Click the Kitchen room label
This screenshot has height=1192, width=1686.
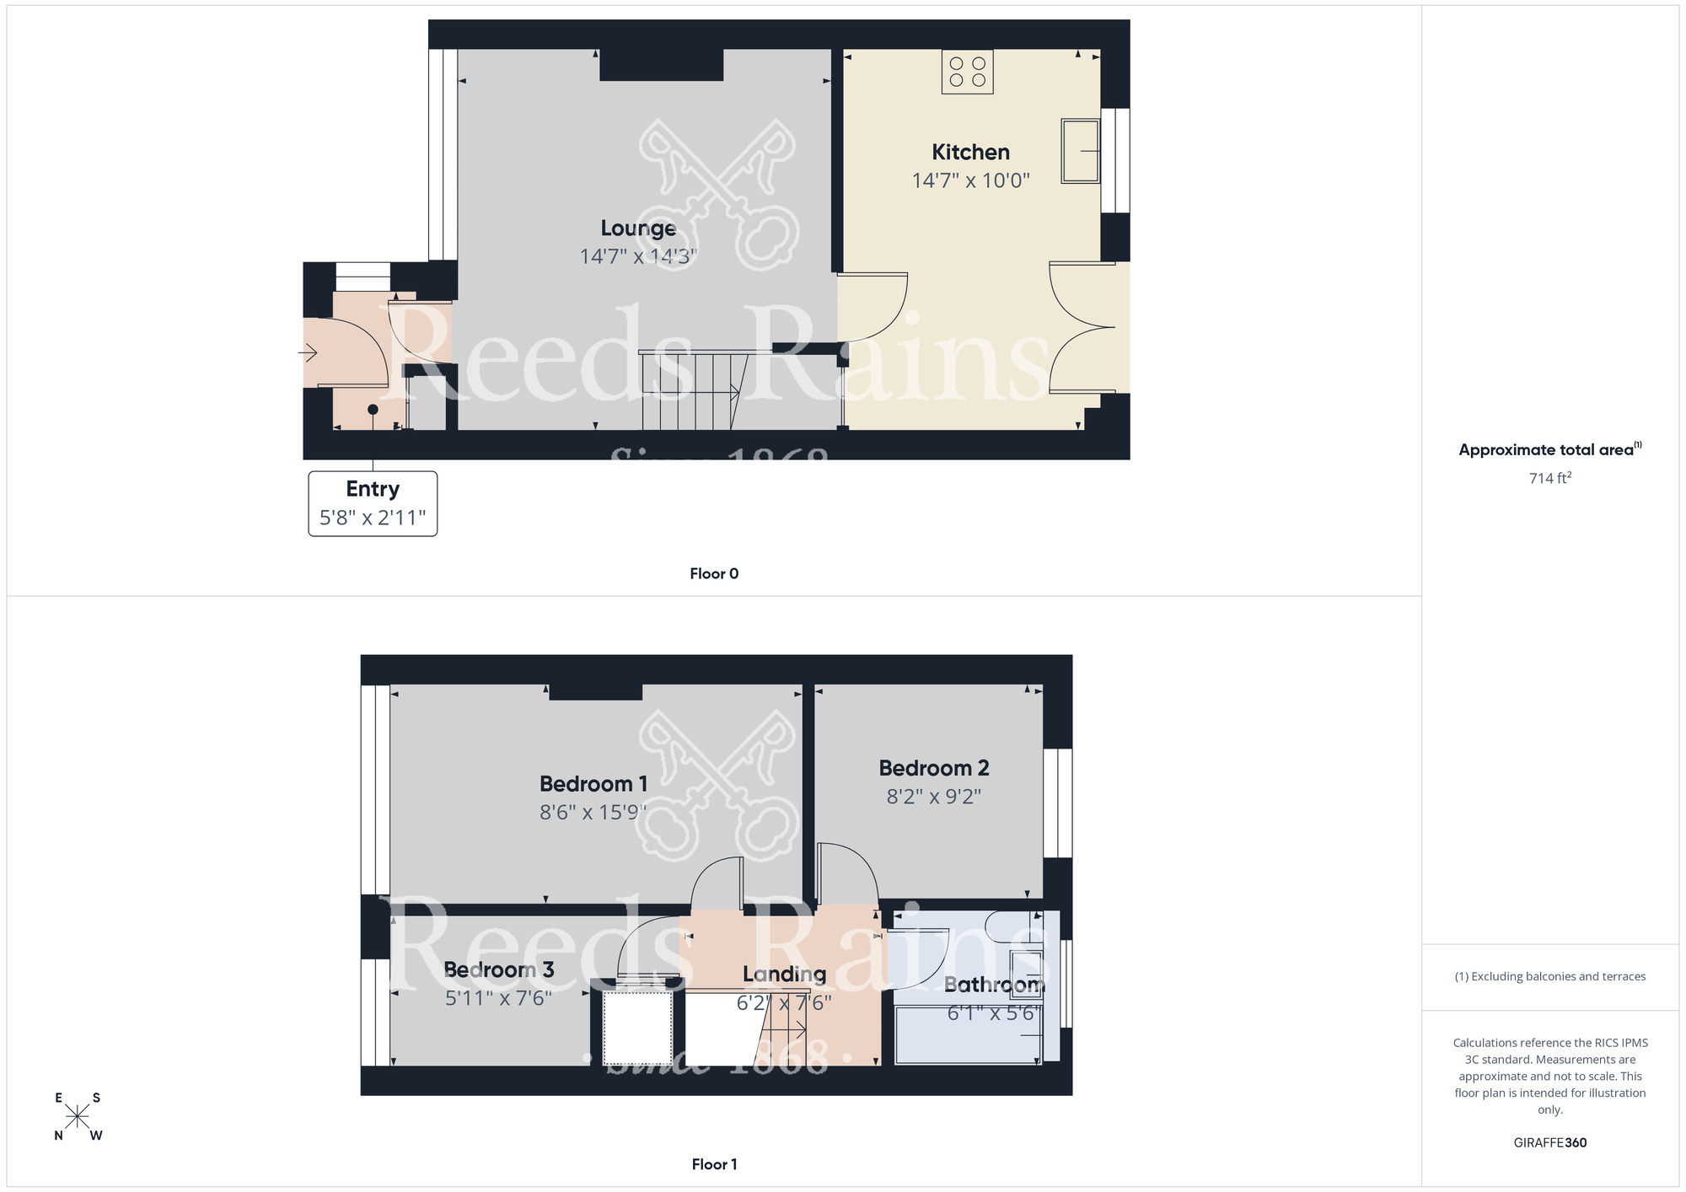click(x=970, y=153)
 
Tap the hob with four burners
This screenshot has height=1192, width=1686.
click(x=967, y=72)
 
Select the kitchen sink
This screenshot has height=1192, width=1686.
click(x=1081, y=151)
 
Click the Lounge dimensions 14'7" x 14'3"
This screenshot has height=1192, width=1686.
click(x=638, y=256)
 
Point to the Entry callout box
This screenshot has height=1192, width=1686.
click(x=373, y=503)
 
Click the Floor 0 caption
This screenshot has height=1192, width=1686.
click(x=714, y=574)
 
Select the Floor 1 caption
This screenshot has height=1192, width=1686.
click(x=714, y=1164)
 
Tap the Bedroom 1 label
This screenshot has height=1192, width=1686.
click(x=593, y=784)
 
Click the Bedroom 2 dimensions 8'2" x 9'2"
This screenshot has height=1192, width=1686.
click(x=933, y=797)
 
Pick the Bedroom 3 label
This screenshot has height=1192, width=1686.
click(x=498, y=970)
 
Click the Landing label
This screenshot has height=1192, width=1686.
click(x=784, y=975)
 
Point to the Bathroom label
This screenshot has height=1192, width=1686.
click(x=994, y=985)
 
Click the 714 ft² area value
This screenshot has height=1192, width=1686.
click(x=1549, y=478)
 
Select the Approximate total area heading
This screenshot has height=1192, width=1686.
click(x=1549, y=449)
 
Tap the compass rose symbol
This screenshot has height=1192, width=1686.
click(x=78, y=1117)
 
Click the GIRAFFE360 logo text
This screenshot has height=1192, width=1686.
click(x=1549, y=1143)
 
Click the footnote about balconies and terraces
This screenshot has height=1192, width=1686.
click(x=1549, y=977)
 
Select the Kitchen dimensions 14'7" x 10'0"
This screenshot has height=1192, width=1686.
click(x=970, y=180)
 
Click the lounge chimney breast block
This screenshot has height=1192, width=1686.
click(x=661, y=65)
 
